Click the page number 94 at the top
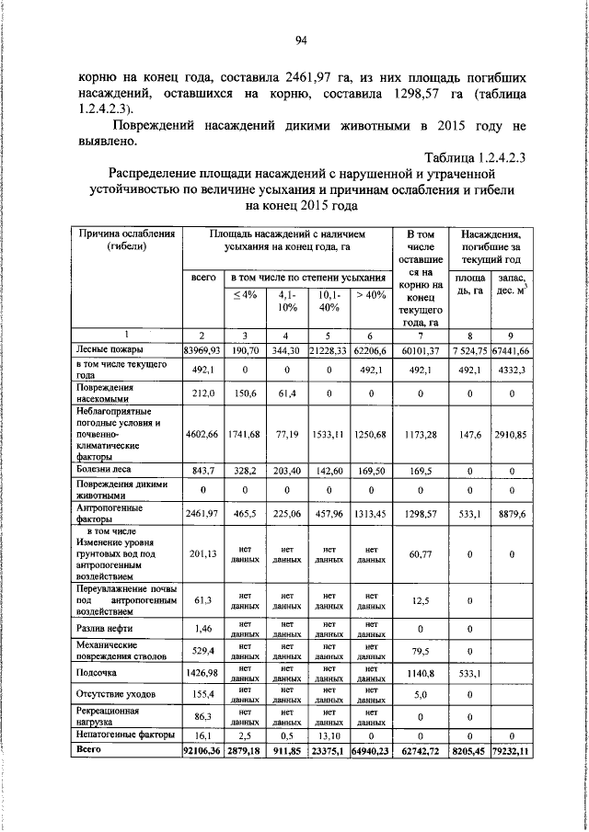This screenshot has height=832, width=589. point(300,40)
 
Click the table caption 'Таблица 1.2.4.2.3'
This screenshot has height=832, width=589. point(474,158)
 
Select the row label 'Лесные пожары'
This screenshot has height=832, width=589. point(106,350)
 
